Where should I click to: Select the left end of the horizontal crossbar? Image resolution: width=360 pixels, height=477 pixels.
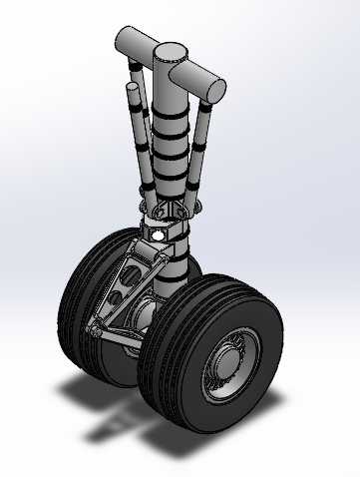(122, 41)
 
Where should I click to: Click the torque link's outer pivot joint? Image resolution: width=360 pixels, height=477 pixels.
(93, 330)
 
